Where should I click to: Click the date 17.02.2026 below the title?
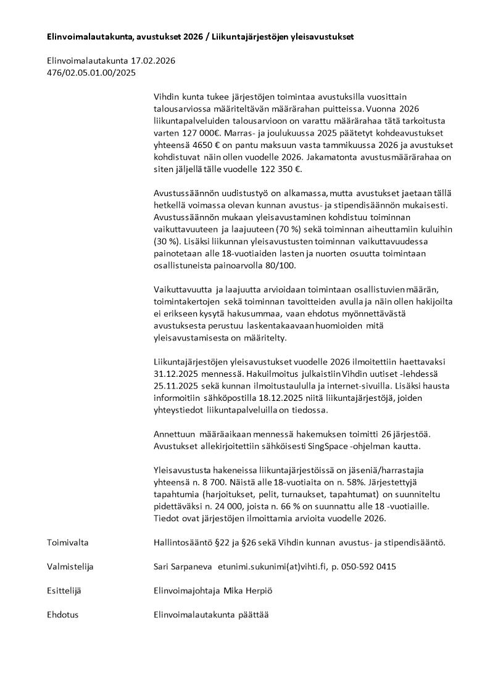point(153,60)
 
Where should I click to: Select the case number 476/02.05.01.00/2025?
point(91,72)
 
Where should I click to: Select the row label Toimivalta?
point(68,542)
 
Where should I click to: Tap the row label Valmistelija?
point(70,566)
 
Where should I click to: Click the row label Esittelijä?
point(64,590)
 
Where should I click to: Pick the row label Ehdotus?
point(62,615)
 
